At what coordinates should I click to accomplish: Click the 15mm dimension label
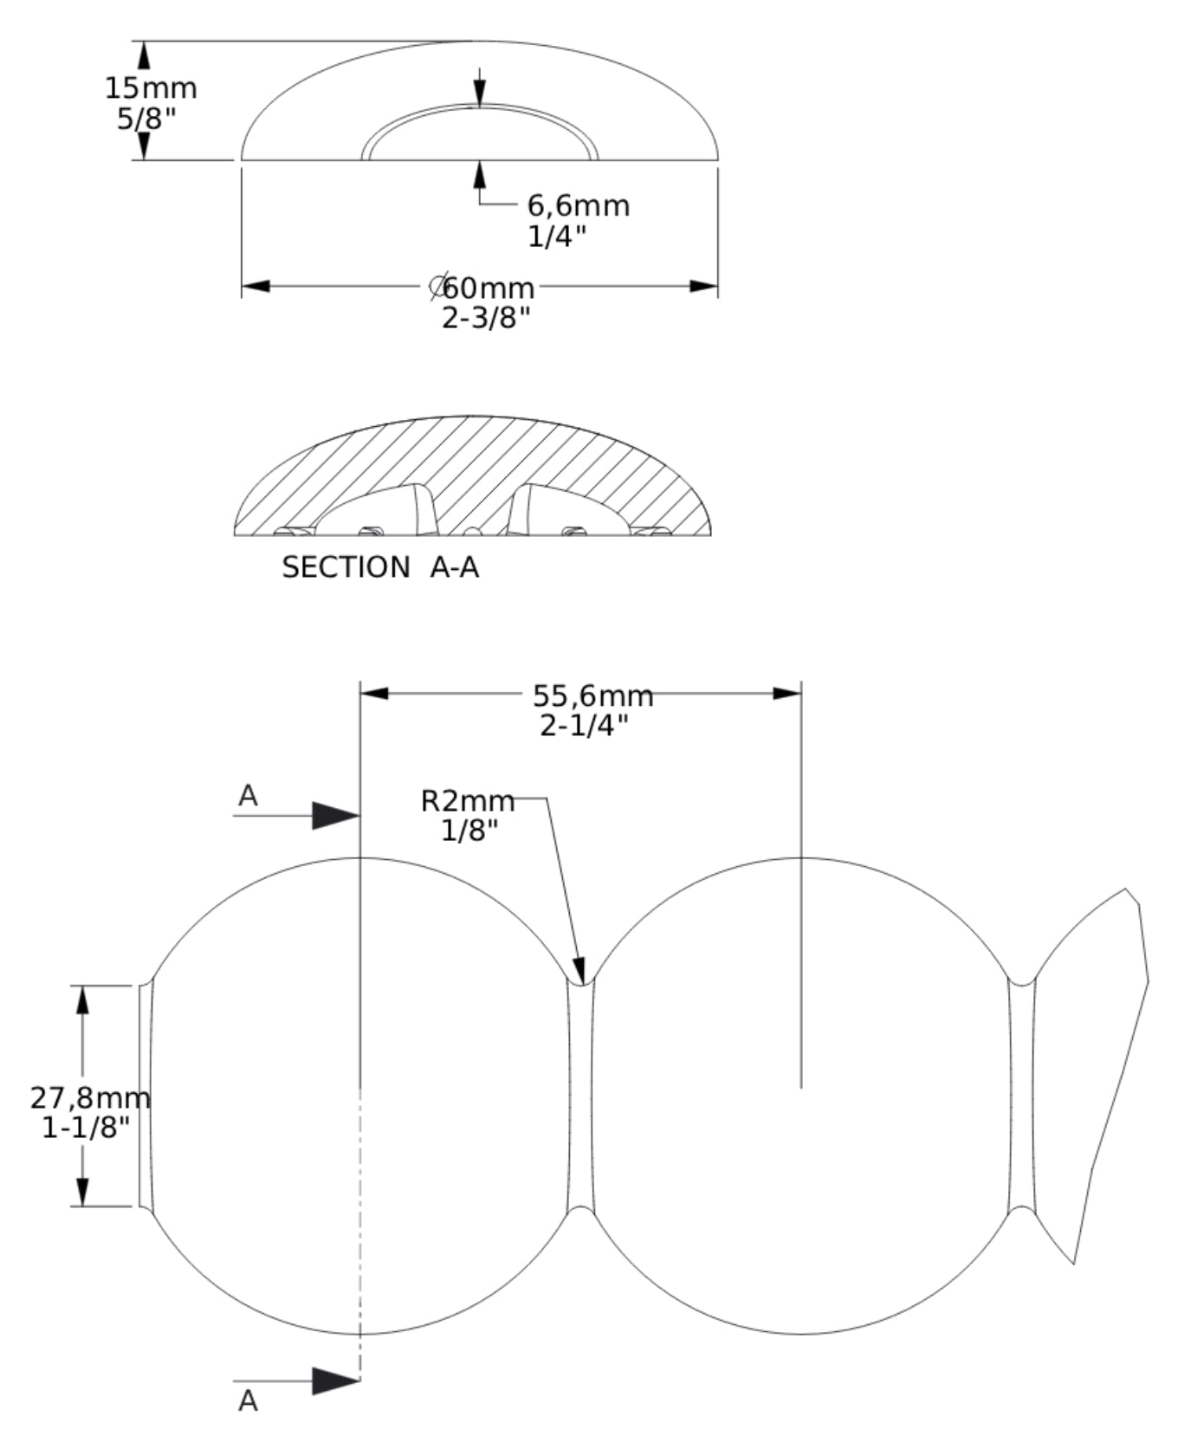[151, 88]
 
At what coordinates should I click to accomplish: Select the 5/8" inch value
[146, 118]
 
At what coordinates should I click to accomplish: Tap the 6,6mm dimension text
[579, 206]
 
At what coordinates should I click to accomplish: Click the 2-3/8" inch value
[485, 318]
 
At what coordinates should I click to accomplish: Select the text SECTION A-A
[380, 567]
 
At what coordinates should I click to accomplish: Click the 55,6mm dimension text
[592, 695]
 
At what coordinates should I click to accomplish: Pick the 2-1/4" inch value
[584, 725]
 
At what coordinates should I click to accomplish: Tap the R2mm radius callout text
[468, 801]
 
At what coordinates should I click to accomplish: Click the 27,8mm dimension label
[90, 1098]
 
